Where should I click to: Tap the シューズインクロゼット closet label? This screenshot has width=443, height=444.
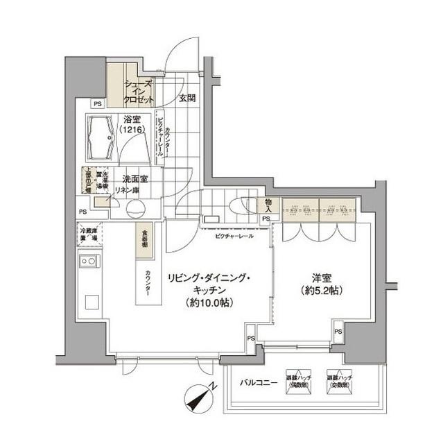pos(139,91)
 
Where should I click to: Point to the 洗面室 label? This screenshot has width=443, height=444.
pos(131,178)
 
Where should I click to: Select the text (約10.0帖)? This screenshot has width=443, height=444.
pos(206,302)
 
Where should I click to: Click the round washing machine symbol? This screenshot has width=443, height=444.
pos(134,209)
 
